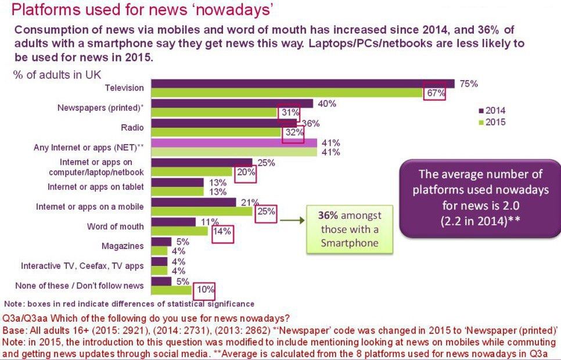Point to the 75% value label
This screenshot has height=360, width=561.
(x=468, y=84)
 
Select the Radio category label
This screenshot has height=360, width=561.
(x=133, y=127)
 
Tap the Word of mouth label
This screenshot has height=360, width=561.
(x=115, y=226)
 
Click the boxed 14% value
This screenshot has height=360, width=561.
(x=221, y=231)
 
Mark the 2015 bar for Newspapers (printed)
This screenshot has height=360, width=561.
(x=215, y=112)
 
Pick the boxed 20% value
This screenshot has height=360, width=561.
(x=246, y=171)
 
